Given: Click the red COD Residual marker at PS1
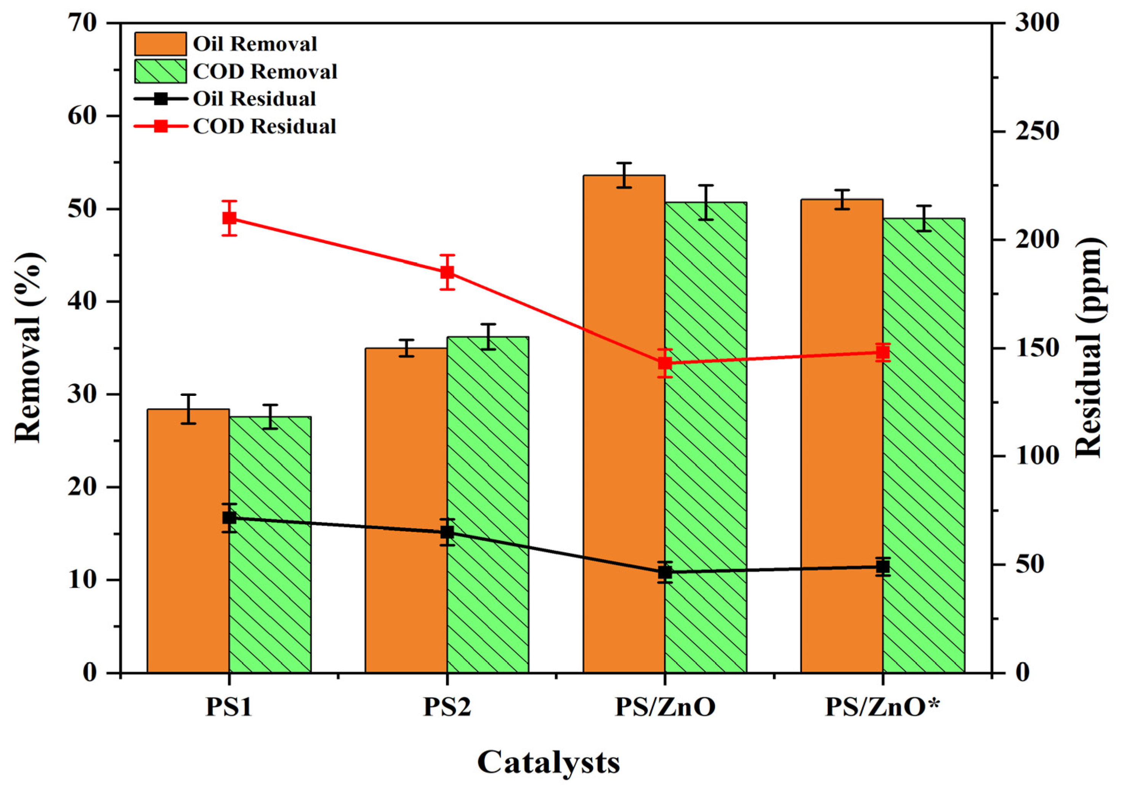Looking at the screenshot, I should tap(229, 218).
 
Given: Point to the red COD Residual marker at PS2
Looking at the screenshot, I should tap(447, 272).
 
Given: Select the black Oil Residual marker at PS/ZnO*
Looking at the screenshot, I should tap(882, 567).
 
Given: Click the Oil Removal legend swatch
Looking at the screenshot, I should tap(160, 44).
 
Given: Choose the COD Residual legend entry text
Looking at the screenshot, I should tap(264, 126).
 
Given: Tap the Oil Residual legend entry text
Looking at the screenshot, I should tap(254, 99).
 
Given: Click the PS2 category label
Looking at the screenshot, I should tap(447, 708).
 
